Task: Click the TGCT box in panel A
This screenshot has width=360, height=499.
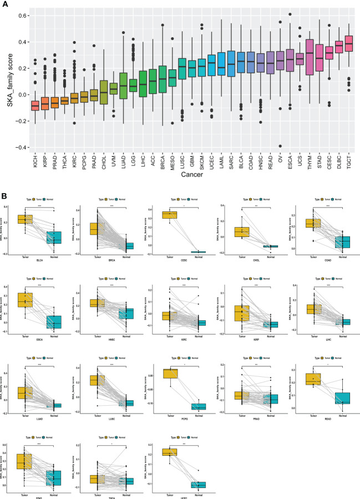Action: [x=349, y=43]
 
